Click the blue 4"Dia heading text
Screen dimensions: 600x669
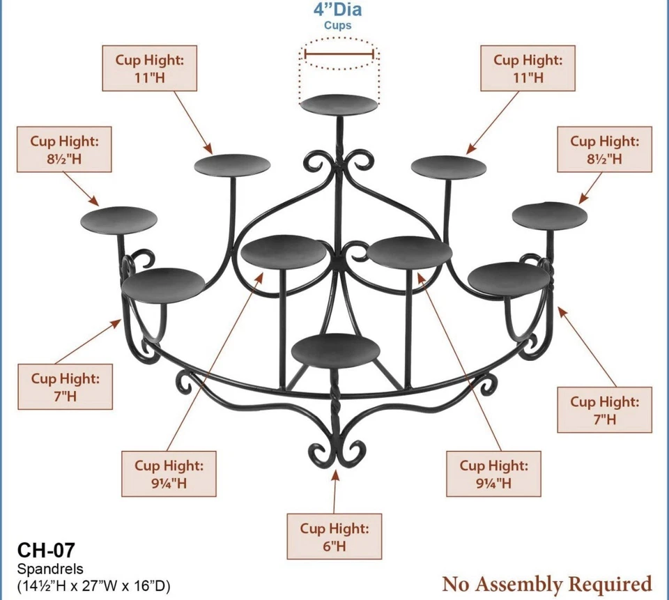(338, 10)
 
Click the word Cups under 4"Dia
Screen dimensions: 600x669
(338, 26)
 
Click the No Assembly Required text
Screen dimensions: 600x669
(547, 583)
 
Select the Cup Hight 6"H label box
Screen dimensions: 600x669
(334, 537)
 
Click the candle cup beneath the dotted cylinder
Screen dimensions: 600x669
(339, 105)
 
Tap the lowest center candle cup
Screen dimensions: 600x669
(337, 349)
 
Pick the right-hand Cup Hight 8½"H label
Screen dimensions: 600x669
(605, 149)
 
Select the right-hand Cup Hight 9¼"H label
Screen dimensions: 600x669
(493, 474)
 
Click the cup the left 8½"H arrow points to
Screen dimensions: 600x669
(119, 220)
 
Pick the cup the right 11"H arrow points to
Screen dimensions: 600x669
(449, 167)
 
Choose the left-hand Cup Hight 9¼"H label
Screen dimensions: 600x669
(169, 474)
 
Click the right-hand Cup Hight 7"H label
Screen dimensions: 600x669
(605, 410)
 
